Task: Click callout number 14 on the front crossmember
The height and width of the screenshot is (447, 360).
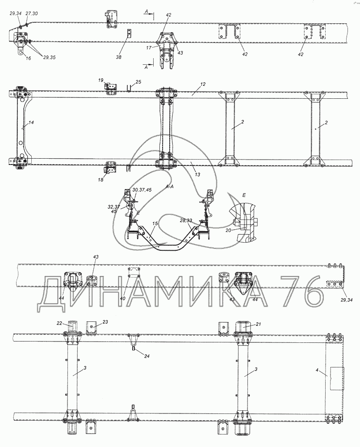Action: pos(31,122)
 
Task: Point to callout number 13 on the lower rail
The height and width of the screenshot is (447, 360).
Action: pos(197,174)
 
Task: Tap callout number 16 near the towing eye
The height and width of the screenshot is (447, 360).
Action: pos(28,58)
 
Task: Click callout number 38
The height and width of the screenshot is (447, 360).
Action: pos(119,57)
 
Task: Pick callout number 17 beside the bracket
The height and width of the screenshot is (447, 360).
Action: pos(149,48)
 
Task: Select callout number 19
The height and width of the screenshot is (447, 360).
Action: pos(101,80)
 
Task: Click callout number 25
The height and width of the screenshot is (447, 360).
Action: pos(138,82)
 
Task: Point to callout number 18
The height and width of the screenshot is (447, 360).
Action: pos(100,180)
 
